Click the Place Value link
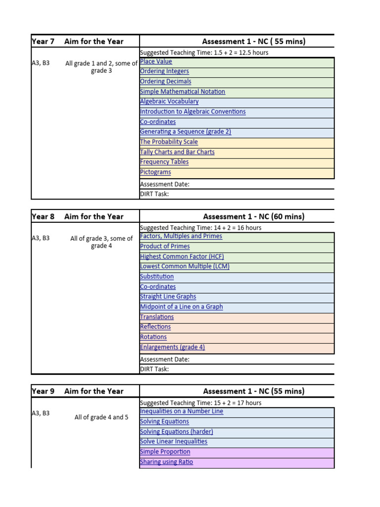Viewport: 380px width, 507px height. pyautogui.click(x=156, y=61)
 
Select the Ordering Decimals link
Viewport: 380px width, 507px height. pyautogui.click(x=165, y=82)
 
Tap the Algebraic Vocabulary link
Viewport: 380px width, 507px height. pyautogui.click(x=169, y=101)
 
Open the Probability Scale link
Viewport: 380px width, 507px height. pyautogui.click(x=169, y=142)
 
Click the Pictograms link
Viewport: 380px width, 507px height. pyautogui.click(x=155, y=172)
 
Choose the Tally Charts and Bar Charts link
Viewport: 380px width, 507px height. pyautogui.click(x=177, y=152)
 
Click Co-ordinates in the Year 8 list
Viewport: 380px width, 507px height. pyautogui.click(x=158, y=287)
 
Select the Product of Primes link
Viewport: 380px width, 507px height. pyautogui.click(x=165, y=247)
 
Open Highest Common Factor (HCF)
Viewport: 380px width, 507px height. pyautogui.click(x=182, y=256)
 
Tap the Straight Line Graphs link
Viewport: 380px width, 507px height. pyautogui.click(x=168, y=297)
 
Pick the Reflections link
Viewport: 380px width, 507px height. pyautogui.click(x=155, y=327)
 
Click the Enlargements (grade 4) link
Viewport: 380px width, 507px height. pyautogui.click(x=172, y=347)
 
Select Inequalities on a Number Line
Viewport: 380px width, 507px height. pyautogui.click(x=182, y=411)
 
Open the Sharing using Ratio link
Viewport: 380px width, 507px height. pyautogui.click(x=166, y=462)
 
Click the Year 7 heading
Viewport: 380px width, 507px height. pyautogui.click(x=43, y=42)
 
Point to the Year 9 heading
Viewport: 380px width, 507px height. pyautogui.click(x=43, y=391)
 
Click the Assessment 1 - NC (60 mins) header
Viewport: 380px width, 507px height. pyautogui.click(x=253, y=216)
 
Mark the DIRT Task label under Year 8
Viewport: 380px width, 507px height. pyautogui.click(x=154, y=369)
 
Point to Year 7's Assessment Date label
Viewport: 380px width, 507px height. pyautogui.click(x=165, y=184)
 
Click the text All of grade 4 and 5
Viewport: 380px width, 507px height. pyautogui.click(x=101, y=417)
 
